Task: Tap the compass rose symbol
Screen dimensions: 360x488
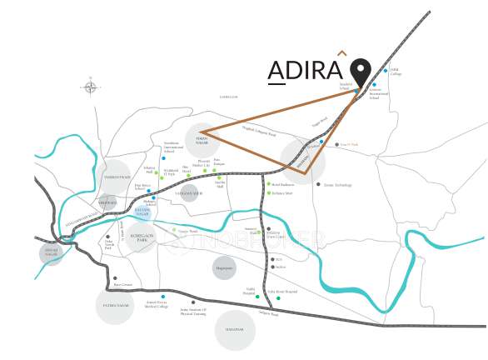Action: tap(90, 87)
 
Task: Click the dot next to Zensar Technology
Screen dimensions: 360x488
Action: tap(317, 184)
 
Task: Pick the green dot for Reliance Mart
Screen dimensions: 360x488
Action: tap(267, 192)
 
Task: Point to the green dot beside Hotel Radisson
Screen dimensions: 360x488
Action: tap(267, 184)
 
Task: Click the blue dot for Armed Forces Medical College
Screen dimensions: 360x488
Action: tap(163, 297)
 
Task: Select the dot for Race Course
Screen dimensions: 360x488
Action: tap(115, 278)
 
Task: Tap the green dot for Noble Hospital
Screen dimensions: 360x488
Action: tap(257, 297)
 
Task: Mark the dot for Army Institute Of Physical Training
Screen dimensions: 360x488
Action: tap(193, 302)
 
